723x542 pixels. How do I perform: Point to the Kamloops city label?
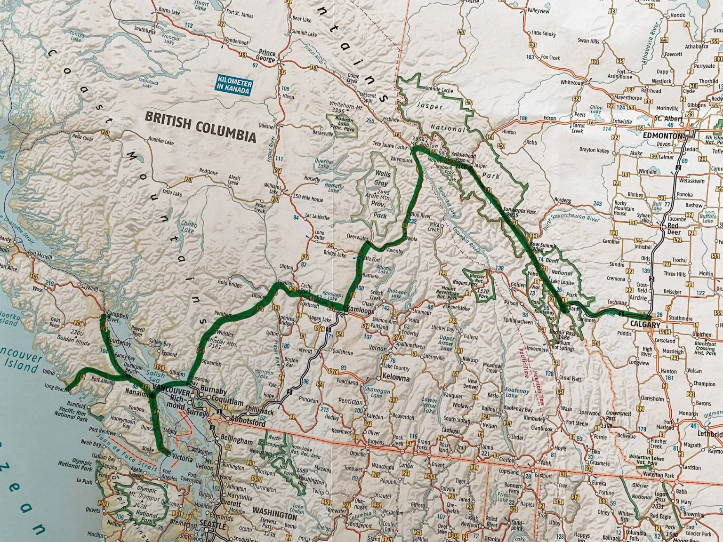tap(361, 311)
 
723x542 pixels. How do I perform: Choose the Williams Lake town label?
tap(273, 189)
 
